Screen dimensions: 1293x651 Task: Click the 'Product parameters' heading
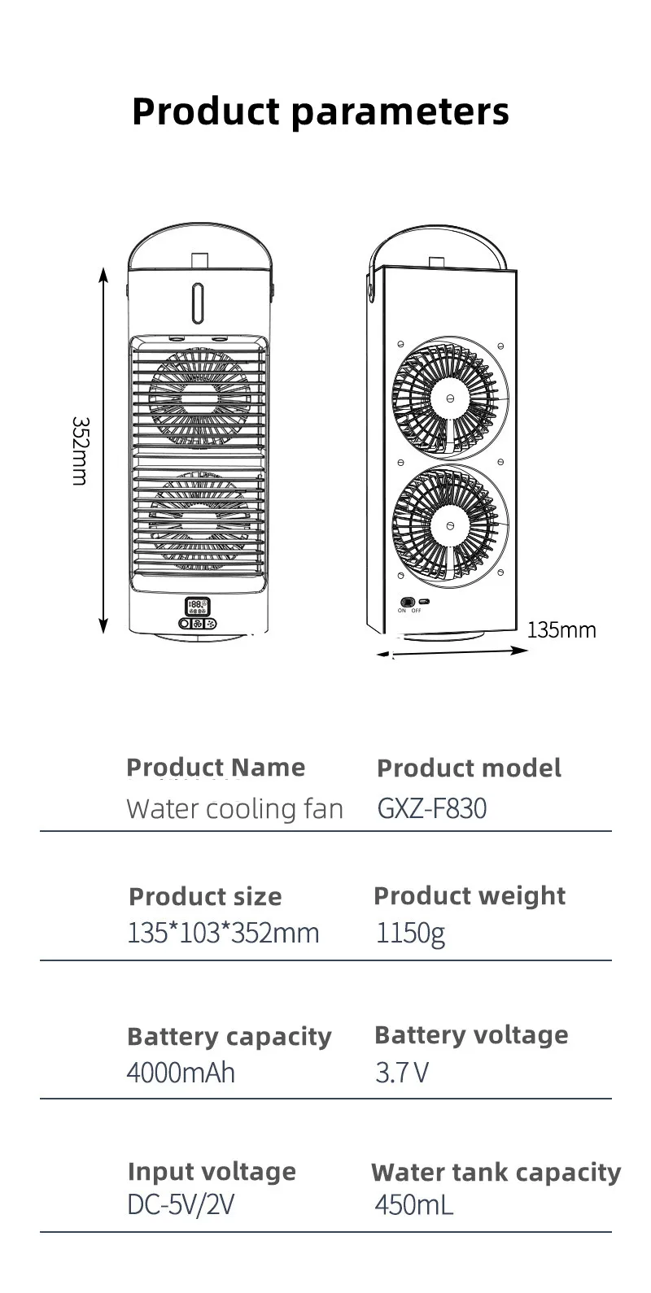tap(321, 111)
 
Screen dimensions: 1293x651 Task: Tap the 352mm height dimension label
tap(79, 451)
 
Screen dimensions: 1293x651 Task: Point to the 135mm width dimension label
tap(561, 629)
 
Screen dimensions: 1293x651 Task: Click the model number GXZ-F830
tap(431, 808)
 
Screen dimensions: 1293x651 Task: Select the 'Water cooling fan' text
tap(234, 809)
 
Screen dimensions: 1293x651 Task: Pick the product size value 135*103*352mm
tap(223, 932)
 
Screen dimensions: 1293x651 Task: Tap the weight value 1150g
tap(410, 933)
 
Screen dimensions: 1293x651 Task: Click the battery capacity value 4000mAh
tap(181, 1073)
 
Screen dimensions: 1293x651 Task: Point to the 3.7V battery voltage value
tap(401, 1073)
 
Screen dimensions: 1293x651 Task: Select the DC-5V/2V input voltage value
tap(181, 1204)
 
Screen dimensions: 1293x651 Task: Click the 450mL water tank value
tap(413, 1204)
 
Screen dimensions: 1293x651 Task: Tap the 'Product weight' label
tap(469, 895)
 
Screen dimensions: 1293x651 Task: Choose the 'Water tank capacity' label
tap(496, 1172)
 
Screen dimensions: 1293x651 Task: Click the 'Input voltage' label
tap(212, 1171)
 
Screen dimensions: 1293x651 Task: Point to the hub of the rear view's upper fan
tap(449, 398)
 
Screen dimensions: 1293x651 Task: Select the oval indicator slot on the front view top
tap(198, 300)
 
